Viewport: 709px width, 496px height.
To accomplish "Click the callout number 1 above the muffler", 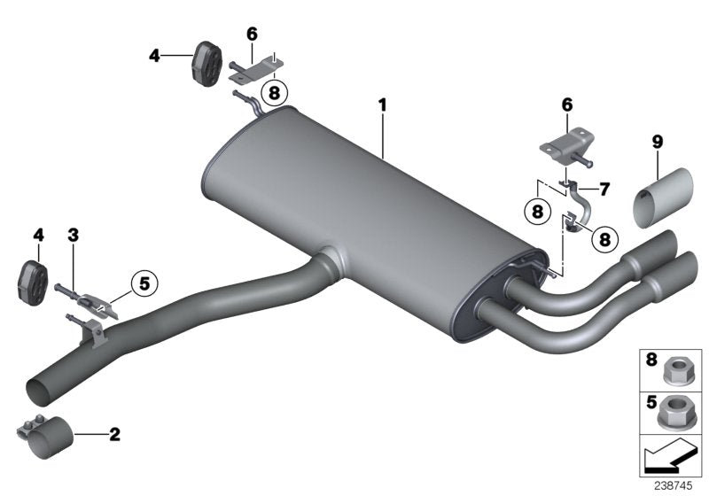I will (x=383, y=105).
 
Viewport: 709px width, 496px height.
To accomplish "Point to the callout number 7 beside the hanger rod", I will (x=605, y=189).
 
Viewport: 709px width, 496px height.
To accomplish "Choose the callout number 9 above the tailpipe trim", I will (x=657, y=141).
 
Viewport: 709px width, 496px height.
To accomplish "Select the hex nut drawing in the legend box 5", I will (x=678, y=409).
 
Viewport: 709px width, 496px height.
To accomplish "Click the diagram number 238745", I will (x=674, y=486).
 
